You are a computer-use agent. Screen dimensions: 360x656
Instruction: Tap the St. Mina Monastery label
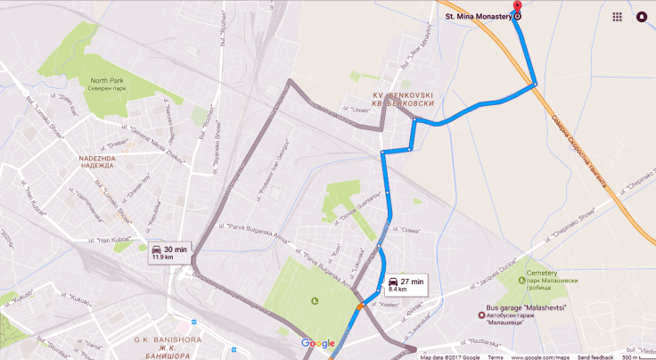coord(477,15)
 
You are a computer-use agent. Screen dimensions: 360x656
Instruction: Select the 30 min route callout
coord(170,252)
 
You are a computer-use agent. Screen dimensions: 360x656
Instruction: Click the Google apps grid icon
coord(617,16)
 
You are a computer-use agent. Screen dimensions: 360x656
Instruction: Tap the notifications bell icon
coord(642,16)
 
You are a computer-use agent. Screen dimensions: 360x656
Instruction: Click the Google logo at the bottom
coord(318,344)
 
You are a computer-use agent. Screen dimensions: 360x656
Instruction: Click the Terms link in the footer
coord(495,356)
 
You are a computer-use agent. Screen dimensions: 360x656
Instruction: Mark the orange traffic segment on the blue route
coord(360,305)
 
